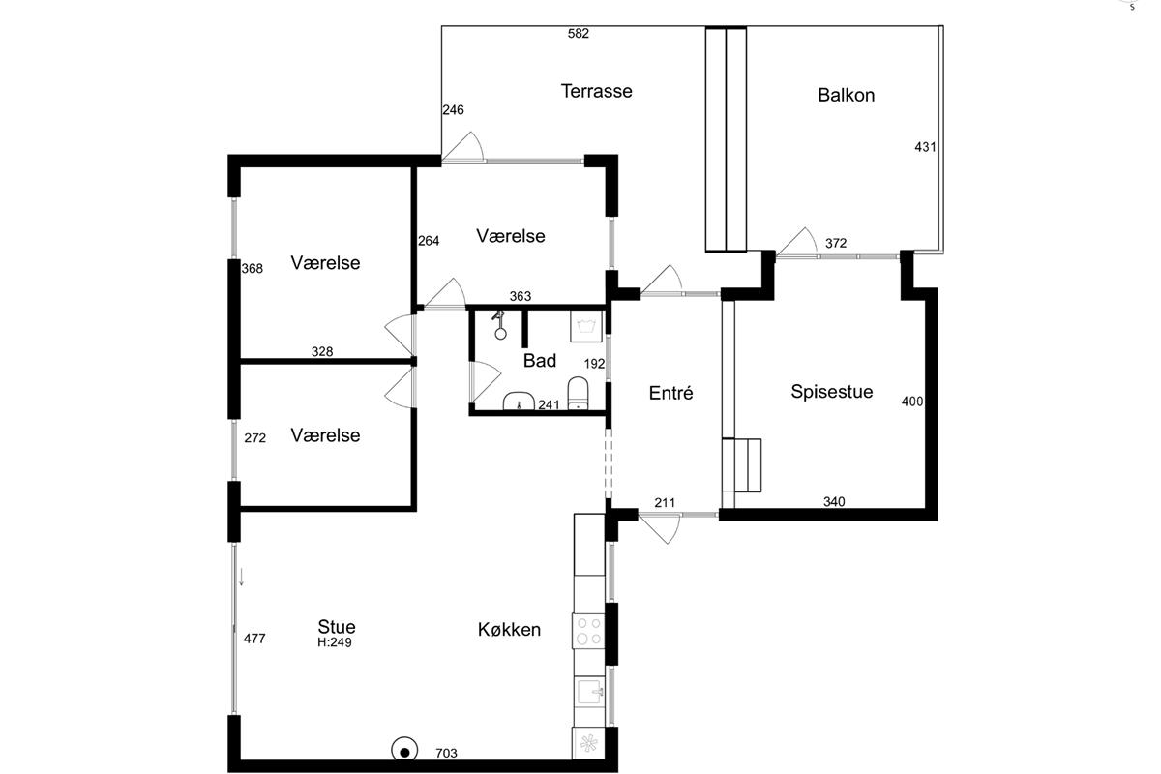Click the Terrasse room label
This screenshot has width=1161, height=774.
[597, 91]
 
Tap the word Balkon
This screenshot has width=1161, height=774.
[846, 95]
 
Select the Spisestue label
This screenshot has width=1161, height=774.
[831, 392]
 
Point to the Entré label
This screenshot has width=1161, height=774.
[670, 393]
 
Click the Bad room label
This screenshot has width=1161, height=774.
[540, 360]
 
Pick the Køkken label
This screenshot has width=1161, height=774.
[509, 630]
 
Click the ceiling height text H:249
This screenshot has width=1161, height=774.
[335, 642]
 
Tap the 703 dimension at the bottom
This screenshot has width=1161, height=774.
[446, 753]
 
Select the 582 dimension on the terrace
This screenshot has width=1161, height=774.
[579, 34]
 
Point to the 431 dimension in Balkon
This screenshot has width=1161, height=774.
[925, 147]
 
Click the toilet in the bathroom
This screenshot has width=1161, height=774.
[578, 393]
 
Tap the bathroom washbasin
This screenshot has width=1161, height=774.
[519, 402]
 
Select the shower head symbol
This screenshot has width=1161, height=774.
[500, 325]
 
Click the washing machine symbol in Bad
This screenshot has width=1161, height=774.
[586, 326]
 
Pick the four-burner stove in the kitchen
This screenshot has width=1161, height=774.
[589, 631]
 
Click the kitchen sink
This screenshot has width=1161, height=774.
[589, 691]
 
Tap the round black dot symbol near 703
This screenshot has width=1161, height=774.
[404, 751]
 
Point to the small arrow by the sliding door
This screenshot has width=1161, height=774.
[241, 577]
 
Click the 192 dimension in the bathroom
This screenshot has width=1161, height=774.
[594, 364]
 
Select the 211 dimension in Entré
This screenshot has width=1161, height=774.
[665, 503]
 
